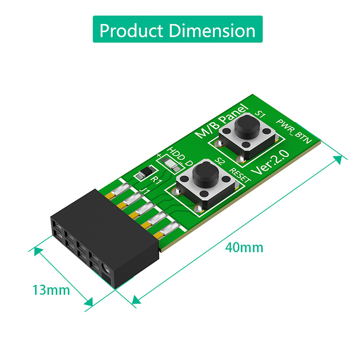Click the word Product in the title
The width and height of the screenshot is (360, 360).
131,30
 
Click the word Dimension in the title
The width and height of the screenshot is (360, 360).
212,30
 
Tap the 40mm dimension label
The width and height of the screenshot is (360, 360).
244,248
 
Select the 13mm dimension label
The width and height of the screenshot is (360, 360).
51,290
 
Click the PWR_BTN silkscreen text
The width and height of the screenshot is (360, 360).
294,131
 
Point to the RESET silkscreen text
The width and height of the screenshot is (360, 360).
240,175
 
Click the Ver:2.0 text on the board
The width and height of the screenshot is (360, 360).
270,162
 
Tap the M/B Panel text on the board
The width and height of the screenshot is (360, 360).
221,121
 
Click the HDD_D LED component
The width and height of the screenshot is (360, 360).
171,163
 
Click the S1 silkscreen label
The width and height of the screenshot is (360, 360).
261,114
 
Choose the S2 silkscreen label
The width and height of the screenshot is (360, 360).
219,161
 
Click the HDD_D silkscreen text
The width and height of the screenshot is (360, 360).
180,157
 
